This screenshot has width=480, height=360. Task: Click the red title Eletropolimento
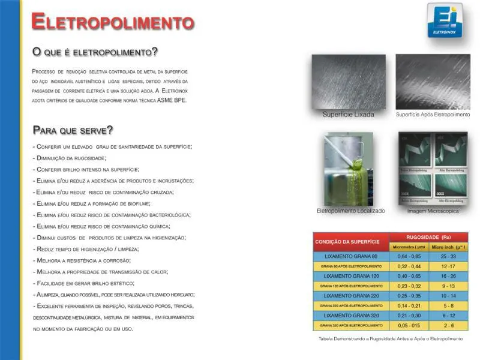(112, 22)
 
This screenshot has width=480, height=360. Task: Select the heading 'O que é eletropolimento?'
(95, 52)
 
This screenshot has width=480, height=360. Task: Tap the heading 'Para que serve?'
(73, 130)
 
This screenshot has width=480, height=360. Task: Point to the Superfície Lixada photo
(348, 82)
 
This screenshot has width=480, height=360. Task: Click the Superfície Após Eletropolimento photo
(433, 82)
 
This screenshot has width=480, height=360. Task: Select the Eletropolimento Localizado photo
(349, 169)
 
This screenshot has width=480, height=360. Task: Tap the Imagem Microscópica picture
(433, 169)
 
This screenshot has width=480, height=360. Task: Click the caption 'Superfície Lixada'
(348, 115)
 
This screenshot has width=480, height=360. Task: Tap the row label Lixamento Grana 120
(351, 275)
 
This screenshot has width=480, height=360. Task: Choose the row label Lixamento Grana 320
(351, 315)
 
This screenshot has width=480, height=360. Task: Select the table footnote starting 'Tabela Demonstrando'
(391, 339)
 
